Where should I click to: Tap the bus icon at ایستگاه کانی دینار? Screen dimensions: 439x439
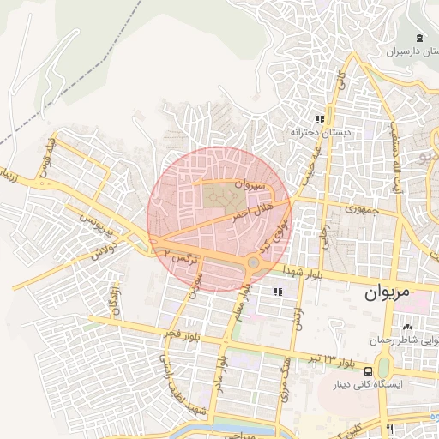click(368, 371)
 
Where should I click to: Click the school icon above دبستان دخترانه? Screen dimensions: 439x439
click(319, 119)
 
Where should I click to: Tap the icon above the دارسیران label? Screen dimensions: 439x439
click(418, 38)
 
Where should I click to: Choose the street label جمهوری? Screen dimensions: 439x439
click(361, 208)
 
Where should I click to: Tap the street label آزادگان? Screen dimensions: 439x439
click(111, 300)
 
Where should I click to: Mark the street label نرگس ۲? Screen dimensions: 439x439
click(183, 256)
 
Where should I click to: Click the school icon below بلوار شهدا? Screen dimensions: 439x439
click(276, 293)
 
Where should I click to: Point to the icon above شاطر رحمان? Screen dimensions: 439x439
click(407, 327)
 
